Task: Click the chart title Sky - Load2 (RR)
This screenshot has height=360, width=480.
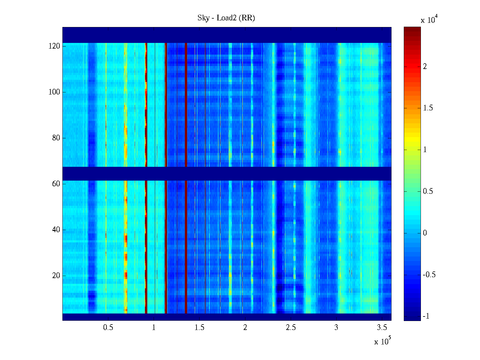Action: tap(226, 18)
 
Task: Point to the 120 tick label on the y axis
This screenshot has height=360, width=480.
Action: tap(54, 46)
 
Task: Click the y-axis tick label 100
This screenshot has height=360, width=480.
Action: tap(54, 92)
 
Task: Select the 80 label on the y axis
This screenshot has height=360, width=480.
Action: tap(56, 138)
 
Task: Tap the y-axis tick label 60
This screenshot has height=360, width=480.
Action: tap(56, 184)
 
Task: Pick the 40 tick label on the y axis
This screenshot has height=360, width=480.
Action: tap(56, 230)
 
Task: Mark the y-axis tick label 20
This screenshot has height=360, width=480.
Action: tap(56, 276)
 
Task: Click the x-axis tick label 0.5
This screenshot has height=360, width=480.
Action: tap(108, 328)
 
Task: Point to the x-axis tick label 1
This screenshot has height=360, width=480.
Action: tap(154, 328)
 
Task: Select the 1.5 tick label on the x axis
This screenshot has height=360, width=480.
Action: tap(199, 328)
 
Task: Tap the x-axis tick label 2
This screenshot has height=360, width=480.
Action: tap(245, 328)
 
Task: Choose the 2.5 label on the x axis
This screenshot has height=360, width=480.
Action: tap(291, 328)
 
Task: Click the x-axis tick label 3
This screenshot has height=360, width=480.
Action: tap(336, 328)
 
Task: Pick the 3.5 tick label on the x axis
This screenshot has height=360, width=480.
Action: tap(382, 328)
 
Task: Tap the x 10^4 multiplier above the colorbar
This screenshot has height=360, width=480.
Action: tap(429, 19)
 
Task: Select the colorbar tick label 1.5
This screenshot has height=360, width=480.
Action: tap(428, 108)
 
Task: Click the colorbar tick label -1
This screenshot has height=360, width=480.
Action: tap(426, 316)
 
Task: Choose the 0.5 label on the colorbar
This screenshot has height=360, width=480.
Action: tap(428, 192)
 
